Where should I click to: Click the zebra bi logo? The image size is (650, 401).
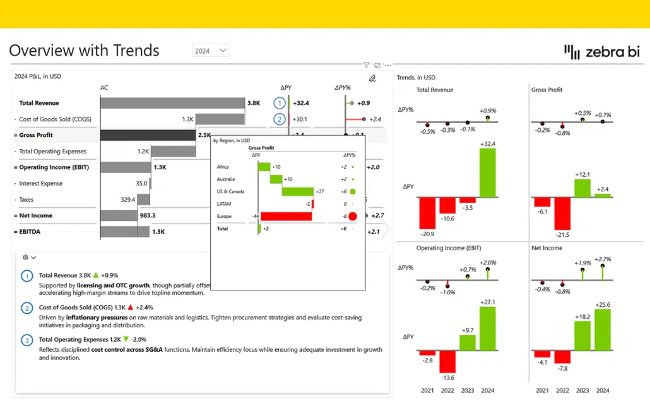601,51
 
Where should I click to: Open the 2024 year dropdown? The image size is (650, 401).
211,51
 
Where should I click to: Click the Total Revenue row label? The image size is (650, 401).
39,103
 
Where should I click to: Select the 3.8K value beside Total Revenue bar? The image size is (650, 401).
254,103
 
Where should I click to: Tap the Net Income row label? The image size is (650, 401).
35,215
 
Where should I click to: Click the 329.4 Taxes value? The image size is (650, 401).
128,200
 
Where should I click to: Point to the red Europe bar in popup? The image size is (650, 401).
286,216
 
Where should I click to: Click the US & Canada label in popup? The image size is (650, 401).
230,191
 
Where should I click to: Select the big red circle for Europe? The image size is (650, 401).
352,216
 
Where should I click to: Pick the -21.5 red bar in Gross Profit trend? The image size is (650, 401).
562,213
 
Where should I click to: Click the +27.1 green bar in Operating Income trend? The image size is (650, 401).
488,328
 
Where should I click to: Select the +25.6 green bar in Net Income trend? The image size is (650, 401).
603,330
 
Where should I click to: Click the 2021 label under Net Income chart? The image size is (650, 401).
542,390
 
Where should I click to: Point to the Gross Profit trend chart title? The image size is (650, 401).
547,90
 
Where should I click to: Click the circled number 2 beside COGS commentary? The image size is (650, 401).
27,308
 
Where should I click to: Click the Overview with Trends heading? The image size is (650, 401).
84,51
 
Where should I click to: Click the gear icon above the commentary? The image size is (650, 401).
25,257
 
